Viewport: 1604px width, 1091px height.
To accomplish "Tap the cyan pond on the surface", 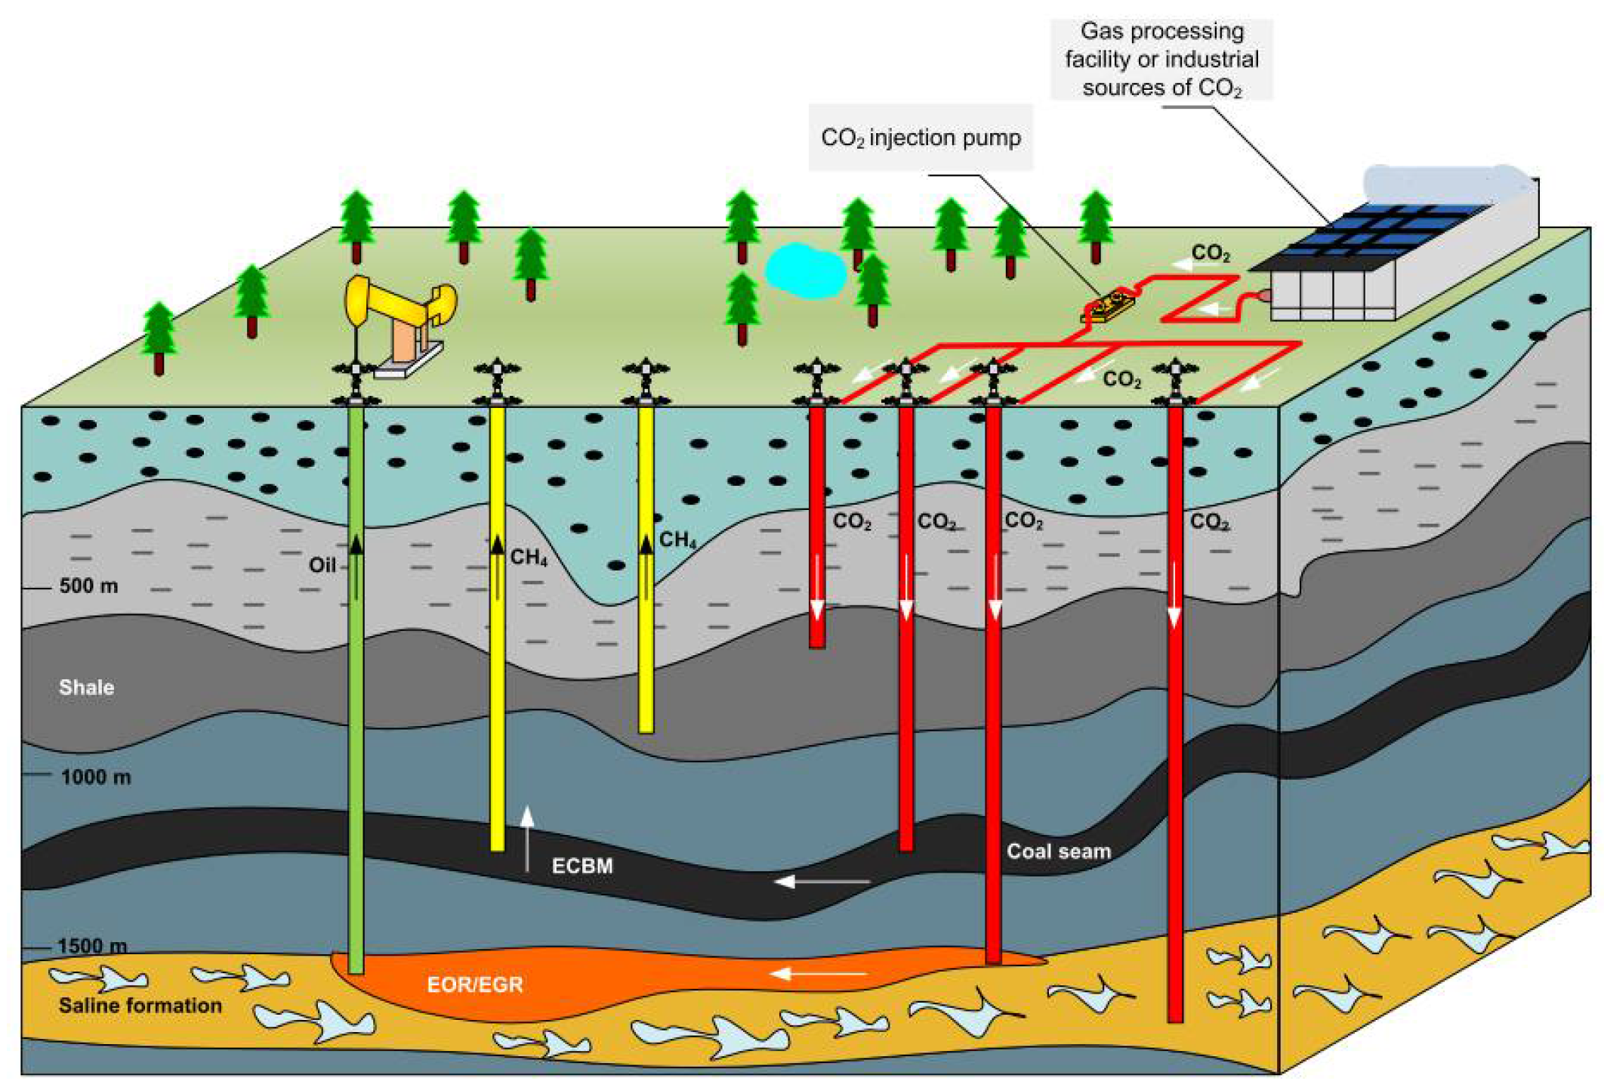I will (804, 270).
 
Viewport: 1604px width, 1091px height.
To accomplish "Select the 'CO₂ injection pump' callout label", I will (920, 138).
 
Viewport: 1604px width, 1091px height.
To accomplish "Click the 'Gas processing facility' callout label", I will (1161, 60).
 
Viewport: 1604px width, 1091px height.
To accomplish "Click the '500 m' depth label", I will (88, 586).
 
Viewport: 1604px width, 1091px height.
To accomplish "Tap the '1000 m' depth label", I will (96, 777).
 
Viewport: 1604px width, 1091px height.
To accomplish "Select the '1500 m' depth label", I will (92, 946).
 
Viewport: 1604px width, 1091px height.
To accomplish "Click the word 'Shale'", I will (87, 687).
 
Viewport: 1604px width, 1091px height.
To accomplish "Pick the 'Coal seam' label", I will (1059, 851).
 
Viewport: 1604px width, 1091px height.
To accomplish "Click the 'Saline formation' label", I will (140, 1005).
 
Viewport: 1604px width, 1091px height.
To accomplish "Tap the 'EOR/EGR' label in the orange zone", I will (475, 984).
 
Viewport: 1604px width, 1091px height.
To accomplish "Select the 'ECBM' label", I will (582, 866).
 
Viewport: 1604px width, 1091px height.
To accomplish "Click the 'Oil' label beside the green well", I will (322, 564).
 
